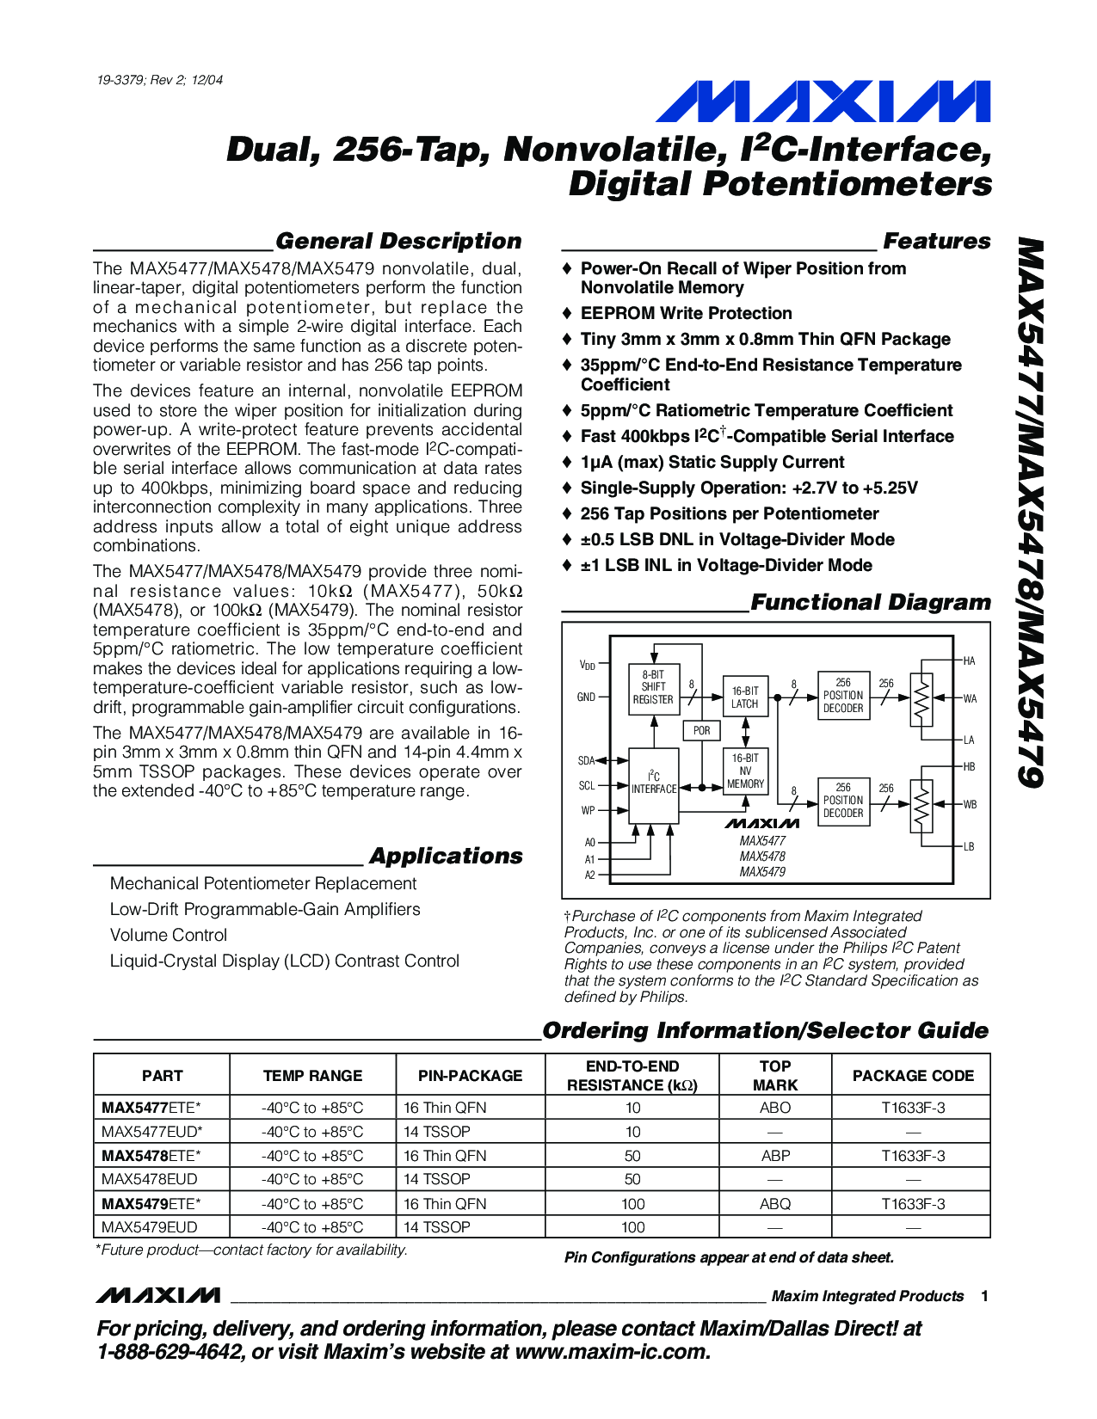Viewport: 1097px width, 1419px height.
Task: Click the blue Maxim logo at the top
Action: click(x=823, y=101)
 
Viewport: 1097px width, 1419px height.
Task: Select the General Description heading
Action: click(x=398, y=241)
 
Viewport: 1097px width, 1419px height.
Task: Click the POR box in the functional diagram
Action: click(x=702, y=730)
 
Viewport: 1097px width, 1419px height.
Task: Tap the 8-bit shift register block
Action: click(x=653, y=687)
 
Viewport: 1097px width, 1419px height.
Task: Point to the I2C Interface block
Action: click(x=653, y=783)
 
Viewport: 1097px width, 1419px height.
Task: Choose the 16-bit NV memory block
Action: click(x=745, y=771)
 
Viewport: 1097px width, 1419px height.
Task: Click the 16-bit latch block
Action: click(x=745, y=697)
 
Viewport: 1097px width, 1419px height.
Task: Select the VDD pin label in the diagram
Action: click(x=587, y=665)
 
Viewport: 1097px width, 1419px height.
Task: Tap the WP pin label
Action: click(x=588, y=810)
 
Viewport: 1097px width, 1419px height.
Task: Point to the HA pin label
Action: click(x=969, y=660)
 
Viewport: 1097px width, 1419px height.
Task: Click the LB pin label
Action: click(x=969, y=847)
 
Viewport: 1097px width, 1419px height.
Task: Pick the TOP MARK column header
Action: click(x=774, y=1075)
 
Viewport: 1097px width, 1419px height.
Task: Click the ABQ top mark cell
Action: click(x=774, y=1204)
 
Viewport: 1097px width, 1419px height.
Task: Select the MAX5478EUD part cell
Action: click(x=150, y=1179)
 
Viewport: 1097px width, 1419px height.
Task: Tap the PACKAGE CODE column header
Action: click(x=913, y=1075)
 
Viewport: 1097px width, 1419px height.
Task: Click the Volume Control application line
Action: click(x=169, y=935)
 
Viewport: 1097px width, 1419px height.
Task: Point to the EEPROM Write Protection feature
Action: click(x=686, y=313)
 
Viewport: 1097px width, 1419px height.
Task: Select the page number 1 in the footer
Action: click(x=984, y=1296)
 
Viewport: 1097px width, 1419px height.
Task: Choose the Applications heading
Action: click(x=446, y=856)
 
